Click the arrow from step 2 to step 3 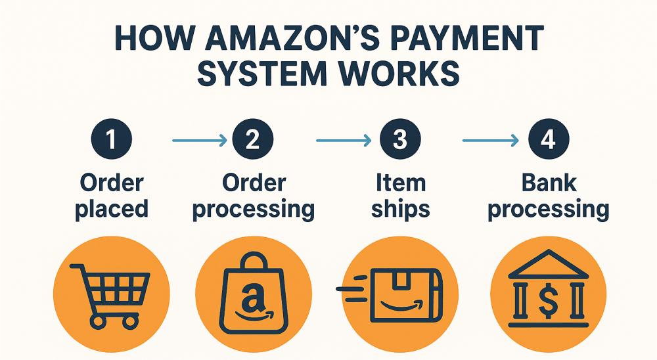[x=342, y=140]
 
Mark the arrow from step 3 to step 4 [x=489, y=140]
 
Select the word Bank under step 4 [x=547, y=182]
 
